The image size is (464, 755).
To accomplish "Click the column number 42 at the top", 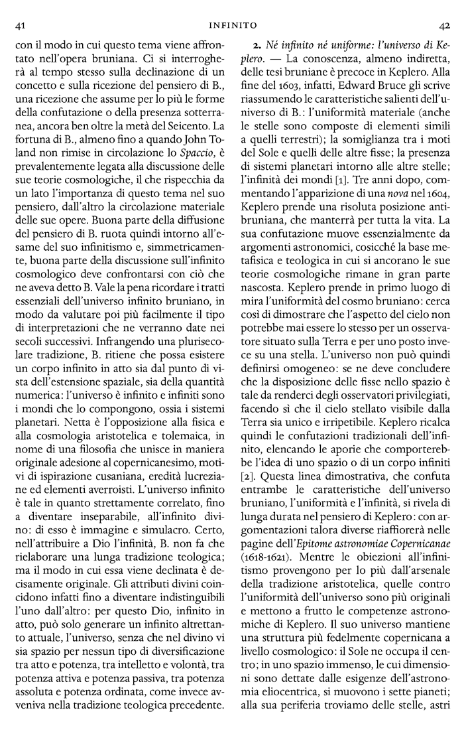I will (x=444, y=25).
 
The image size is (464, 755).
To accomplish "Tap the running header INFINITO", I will (x=231, y=25).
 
